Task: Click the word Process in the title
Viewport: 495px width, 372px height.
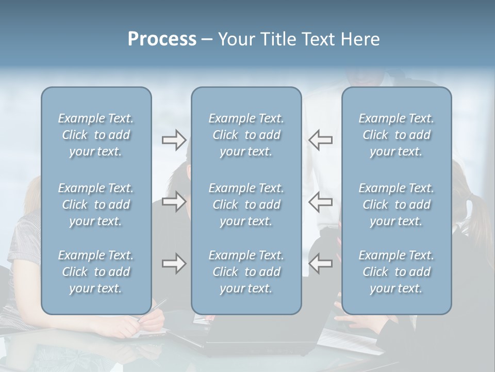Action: coord(162,39)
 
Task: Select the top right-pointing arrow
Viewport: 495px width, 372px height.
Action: coord(174,139)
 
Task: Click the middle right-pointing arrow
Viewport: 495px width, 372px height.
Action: coord(174,202)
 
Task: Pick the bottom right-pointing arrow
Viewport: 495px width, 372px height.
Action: coord(174,263)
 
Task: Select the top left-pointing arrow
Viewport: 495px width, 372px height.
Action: coord(320,139)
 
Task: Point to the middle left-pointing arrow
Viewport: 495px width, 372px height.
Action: coord(320,202)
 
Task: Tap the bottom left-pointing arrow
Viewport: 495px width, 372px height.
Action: coord(320,263)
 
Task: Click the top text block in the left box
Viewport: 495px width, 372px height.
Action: coord(96,135)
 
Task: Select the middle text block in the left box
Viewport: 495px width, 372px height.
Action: coord(96,205)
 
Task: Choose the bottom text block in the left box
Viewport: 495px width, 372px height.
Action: coord(96,272)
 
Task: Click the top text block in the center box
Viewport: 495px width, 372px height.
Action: coord(246,135)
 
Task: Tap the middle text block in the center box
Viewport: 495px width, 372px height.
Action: coord(246,205)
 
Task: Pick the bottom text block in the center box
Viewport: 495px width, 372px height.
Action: coord(246,272)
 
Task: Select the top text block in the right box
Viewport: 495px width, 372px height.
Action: coord(397,135)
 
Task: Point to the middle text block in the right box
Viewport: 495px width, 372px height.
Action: coord(397,205)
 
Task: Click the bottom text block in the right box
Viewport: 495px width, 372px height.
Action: coord(397,272)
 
